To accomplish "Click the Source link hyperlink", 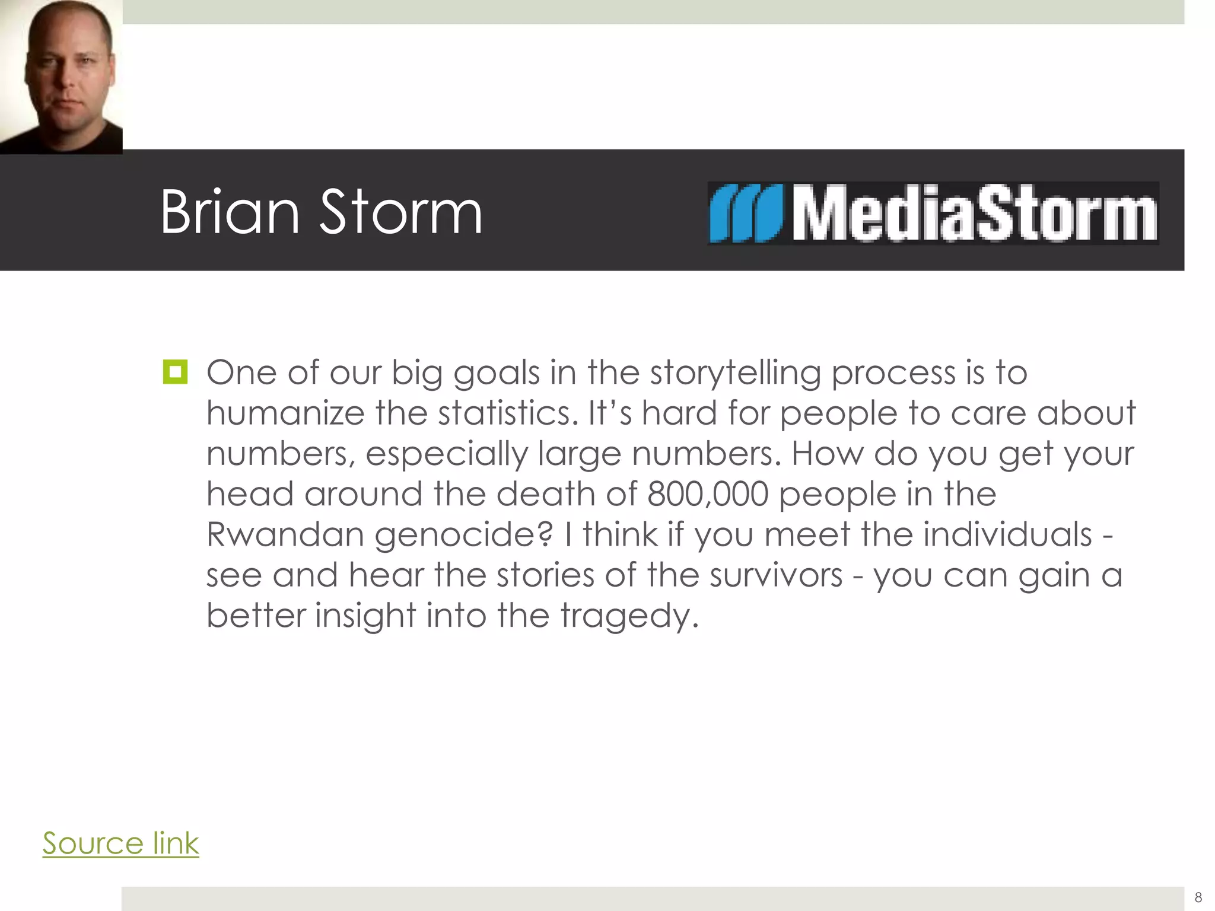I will (120, 843).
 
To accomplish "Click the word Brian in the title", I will (230, 212).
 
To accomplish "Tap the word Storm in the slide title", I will (401, 212).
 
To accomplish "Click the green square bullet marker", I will (175, 372).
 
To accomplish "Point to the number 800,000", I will (708, 493).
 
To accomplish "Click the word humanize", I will (285, 413).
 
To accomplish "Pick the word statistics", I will (508, 413).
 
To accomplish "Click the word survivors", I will (776, 575).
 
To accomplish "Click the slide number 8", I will (1198, 897).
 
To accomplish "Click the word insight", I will (365, 616).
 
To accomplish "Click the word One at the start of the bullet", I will (241, 372).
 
